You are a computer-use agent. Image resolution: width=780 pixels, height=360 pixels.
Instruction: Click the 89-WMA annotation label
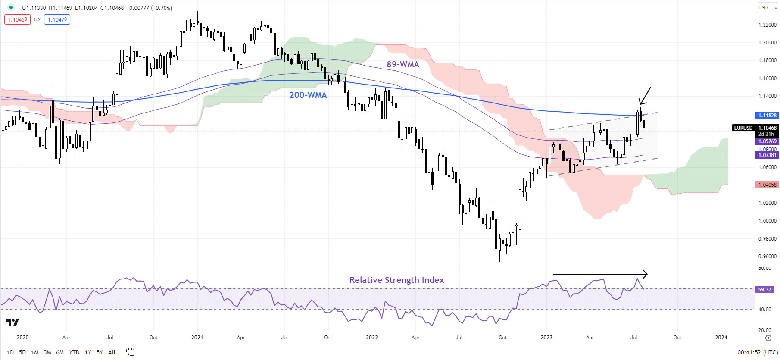[x=402, y=64]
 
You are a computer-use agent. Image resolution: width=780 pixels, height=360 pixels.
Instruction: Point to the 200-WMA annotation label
[x=308, y=95]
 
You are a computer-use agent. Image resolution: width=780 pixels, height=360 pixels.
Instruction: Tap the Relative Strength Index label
[x=396, y=280]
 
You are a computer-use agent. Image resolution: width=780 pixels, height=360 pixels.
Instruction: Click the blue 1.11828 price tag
[x=767, y=116]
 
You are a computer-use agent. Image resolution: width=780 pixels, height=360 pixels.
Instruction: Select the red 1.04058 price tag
[x=767, y=185]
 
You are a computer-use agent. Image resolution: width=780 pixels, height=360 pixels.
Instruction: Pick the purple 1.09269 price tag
[x=767, y=141]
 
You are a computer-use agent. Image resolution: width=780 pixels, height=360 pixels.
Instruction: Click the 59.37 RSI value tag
[x=764, y=290]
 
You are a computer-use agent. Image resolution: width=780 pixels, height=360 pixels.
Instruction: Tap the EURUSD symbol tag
[x=743, y=128]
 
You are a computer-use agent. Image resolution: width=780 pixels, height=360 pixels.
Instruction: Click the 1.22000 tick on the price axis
[x=767, y=25]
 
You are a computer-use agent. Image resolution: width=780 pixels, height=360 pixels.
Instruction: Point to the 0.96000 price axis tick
[x=767, y=257]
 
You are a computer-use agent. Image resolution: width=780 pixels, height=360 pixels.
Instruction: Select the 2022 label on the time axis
[x=372, y=338]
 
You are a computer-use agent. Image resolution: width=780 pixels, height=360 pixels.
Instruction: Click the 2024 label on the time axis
[x=721, y=338]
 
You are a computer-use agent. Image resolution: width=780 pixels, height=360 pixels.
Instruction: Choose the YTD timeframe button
[x=74, y=352]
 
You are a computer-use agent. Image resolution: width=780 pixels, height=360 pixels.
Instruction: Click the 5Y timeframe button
[x=100, y=352]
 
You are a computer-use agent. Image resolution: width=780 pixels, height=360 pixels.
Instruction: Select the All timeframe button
[x=112, y=352]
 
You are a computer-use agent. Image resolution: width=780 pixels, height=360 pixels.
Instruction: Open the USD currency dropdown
[x=767, y=8]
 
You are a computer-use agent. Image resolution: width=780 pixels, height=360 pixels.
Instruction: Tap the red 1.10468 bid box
[x=18, y=19]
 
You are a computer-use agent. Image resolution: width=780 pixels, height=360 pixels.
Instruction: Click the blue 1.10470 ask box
[x=57, y=19]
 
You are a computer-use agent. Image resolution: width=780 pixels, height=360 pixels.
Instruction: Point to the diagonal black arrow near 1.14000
[x=645, y=96]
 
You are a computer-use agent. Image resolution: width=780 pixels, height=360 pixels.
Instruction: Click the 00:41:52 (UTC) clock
[x=756, y=352]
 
